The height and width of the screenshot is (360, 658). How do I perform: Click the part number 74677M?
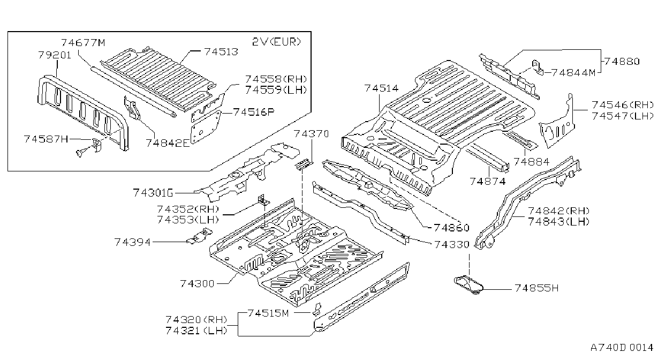(83, 43)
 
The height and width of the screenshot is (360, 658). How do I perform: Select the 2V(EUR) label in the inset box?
(277, 42)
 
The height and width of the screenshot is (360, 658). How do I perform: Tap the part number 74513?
(221, 52)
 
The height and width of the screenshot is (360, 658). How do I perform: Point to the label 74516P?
(254, 112)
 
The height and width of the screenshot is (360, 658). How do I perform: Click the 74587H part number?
(46, 139)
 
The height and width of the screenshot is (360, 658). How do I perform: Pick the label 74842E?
(168, 143)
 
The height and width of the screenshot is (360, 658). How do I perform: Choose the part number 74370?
(312, 134)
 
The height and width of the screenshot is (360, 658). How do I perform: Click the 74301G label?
(153, 193)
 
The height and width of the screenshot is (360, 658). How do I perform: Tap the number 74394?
(132, 242)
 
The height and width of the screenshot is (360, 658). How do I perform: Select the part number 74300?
(198, 283)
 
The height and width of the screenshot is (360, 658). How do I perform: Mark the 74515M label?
(268, 313)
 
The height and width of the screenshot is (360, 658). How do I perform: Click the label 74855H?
(536, 288)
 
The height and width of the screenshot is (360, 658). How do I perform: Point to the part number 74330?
(452, 244)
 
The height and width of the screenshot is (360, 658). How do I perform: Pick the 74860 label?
(451, 228)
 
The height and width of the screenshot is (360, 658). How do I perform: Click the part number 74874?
(488, 182)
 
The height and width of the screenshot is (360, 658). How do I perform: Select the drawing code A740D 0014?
(622, 348)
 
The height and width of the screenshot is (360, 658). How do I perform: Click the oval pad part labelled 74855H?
(468, 284)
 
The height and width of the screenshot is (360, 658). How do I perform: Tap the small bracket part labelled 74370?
(304, 164)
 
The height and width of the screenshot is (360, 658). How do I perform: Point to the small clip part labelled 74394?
(200, 236)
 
